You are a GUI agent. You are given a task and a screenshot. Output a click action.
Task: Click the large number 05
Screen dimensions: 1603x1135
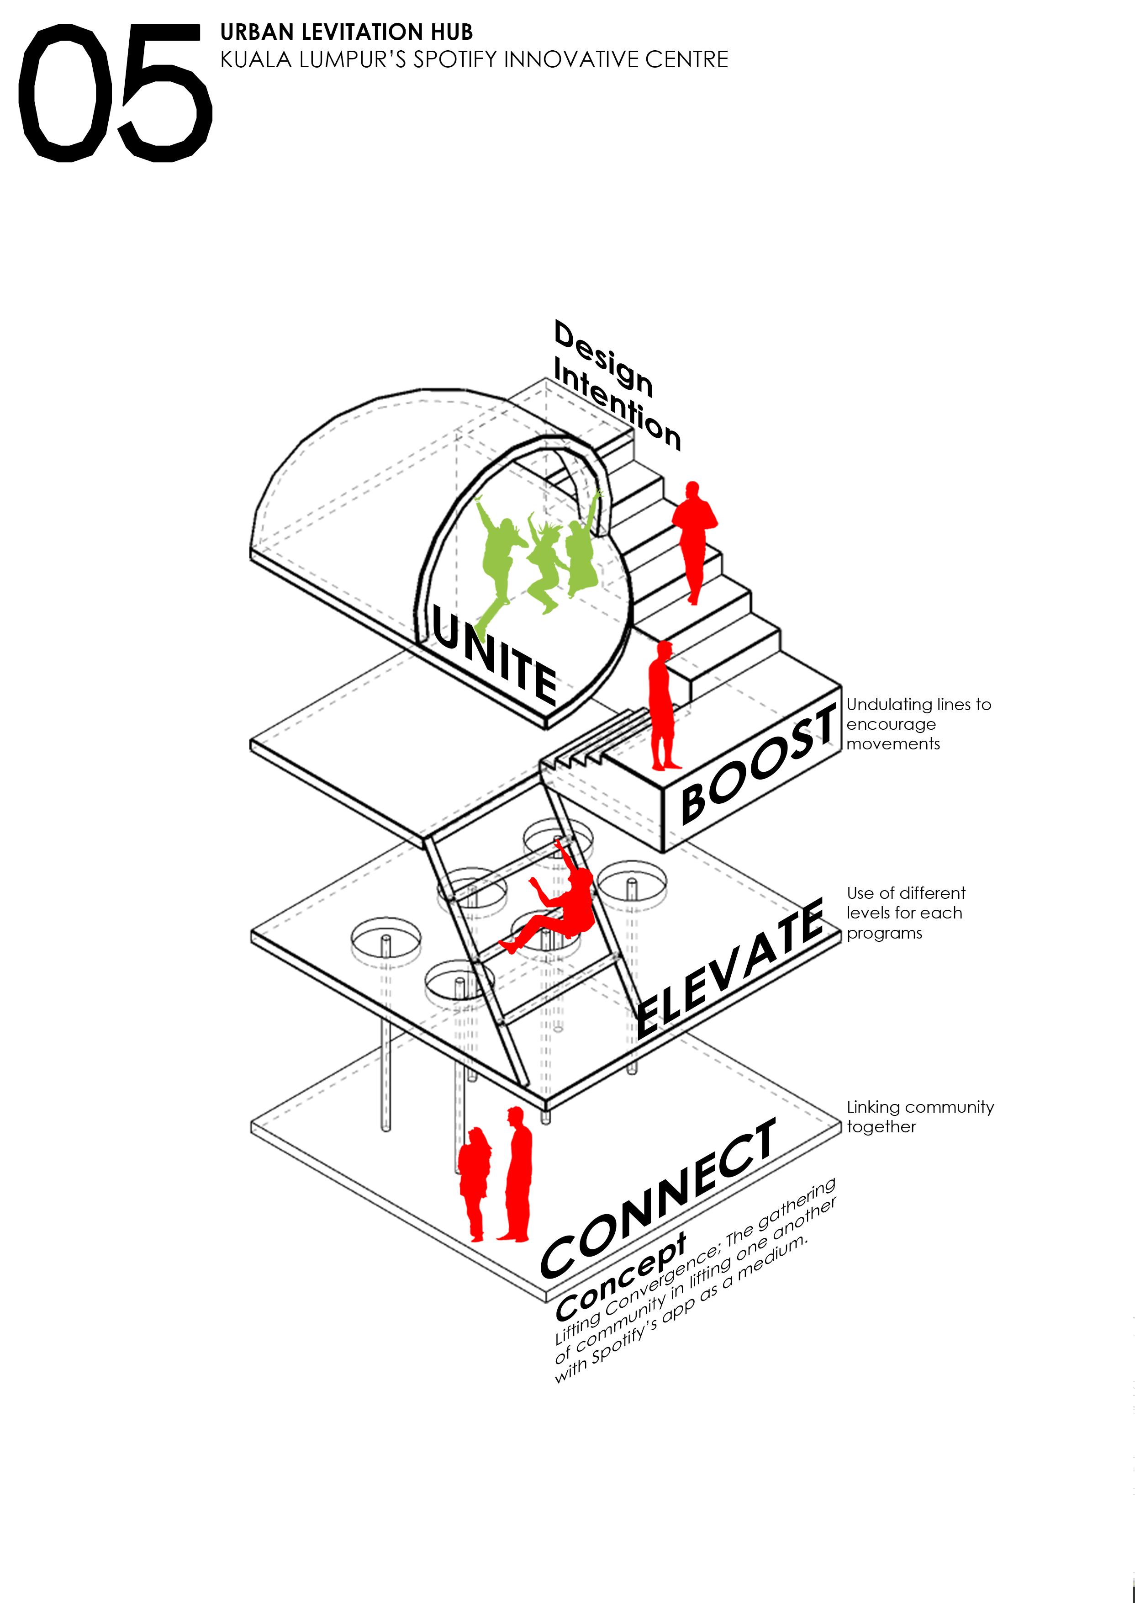click(x=114, y=92)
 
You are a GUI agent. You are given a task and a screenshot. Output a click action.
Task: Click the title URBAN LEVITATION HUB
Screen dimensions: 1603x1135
click(x=346, y=32)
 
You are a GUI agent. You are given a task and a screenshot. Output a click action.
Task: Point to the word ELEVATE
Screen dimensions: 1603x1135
click(x=730, y=968)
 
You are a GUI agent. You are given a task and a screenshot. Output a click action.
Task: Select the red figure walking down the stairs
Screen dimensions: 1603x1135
click(x=694, y=538)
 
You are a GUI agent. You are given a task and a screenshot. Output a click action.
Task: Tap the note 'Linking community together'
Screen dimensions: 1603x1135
click(x=919, y=1116)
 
